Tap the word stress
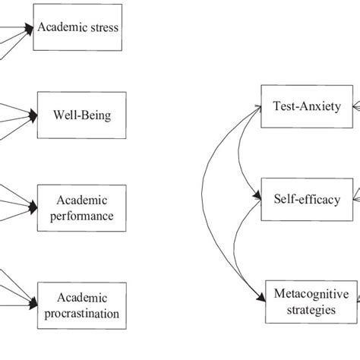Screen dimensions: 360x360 (105, 30)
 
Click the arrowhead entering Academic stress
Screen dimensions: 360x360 (32, 30)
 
